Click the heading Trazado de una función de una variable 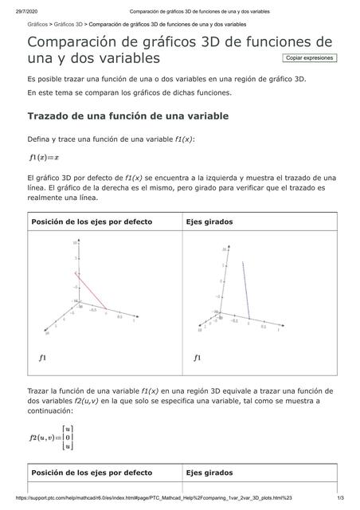click(127, 116)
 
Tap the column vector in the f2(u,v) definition click(69, 437)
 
